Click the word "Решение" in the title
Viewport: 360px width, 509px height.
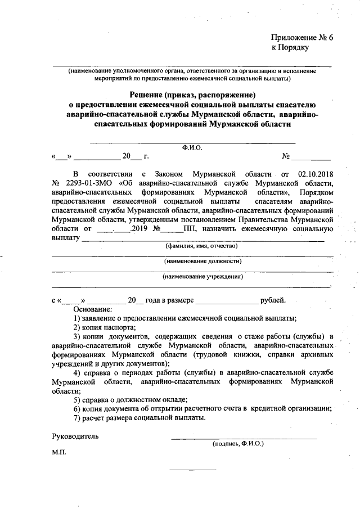[151, 94]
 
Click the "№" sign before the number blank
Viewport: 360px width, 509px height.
[286, 156]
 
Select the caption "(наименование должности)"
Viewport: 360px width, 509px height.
[202, 261]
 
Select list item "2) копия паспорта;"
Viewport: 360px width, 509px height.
[105, 327]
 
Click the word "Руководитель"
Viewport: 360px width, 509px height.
[75, 436]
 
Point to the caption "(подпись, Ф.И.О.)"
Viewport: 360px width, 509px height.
[238, 443]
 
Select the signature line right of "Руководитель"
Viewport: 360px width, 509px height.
[244, 437]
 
